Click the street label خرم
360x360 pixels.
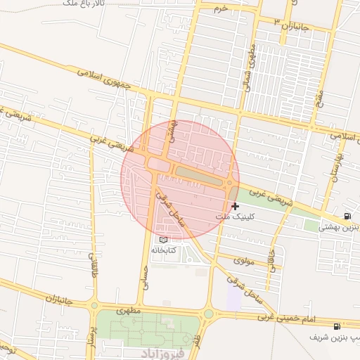pyautogui.click(x=221, y=8)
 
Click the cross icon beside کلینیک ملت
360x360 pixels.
pyautogui.click(x=235, y=206)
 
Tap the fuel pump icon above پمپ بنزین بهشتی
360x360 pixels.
pyautogui.click(x=347, y=215)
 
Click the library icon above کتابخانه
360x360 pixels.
pyautogui.click(x=165, y=239)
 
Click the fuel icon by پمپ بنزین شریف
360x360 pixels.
pyautogui.click(x=337, y=326)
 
